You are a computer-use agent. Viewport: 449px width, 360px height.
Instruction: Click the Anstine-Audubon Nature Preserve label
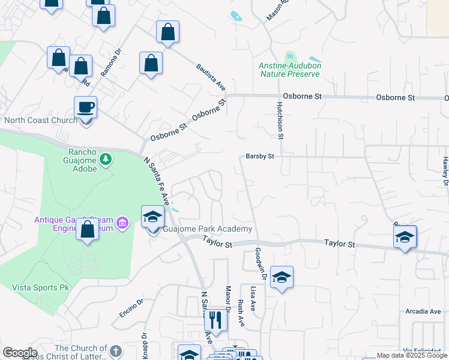click(289, 70)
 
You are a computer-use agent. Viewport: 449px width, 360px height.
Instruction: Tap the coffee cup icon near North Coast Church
click(85, 107)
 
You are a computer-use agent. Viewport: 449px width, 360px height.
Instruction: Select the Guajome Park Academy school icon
click(152, 217)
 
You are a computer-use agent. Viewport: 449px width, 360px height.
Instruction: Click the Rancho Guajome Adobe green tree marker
click(106, 159)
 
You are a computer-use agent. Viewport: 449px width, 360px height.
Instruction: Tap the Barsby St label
click(260, 156)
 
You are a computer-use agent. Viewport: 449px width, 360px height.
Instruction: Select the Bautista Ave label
click(210, 78)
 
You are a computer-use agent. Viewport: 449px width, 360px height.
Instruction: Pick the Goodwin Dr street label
click(261, 264)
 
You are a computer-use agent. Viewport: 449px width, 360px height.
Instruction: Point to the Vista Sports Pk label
click(41, 287)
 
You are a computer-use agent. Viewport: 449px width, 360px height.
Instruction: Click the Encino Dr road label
click(131, 308)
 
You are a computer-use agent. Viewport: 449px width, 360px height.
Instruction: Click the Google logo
click(20, 352)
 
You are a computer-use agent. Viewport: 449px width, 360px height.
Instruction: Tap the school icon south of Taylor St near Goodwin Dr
click(282, 277)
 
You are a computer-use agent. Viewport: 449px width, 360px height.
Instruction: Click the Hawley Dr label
click(445, 171)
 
